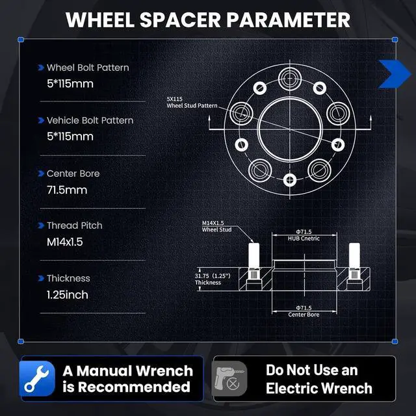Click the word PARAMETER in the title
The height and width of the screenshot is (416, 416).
(x=288, y=20)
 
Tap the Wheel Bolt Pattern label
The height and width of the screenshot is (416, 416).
(x=88, y=68)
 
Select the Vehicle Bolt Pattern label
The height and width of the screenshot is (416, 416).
(x=90, y=120)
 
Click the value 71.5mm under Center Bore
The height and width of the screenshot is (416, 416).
(x=67, y=190)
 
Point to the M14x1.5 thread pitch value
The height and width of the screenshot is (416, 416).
(x=65, y=242)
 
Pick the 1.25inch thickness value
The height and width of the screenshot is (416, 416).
(x=68, y=294)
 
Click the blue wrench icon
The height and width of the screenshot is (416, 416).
(x=37, y=378)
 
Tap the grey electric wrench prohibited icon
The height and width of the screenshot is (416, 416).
(x=229, y=379)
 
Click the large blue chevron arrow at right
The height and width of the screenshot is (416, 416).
(x=395, y=74)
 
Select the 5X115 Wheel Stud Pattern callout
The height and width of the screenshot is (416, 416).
(x=192, y=103)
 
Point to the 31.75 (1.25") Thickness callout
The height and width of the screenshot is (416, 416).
(x=213, y=279)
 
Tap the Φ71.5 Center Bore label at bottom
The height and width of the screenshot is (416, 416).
(x=304, y=311)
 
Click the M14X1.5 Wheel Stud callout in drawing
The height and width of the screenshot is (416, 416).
(x=216, y=226)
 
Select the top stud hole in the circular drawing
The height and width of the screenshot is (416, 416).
(x=290, y=79)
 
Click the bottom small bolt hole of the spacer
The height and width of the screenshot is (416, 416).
(x=290, y=180)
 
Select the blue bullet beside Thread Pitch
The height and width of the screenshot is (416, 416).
(x=41, y=226)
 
